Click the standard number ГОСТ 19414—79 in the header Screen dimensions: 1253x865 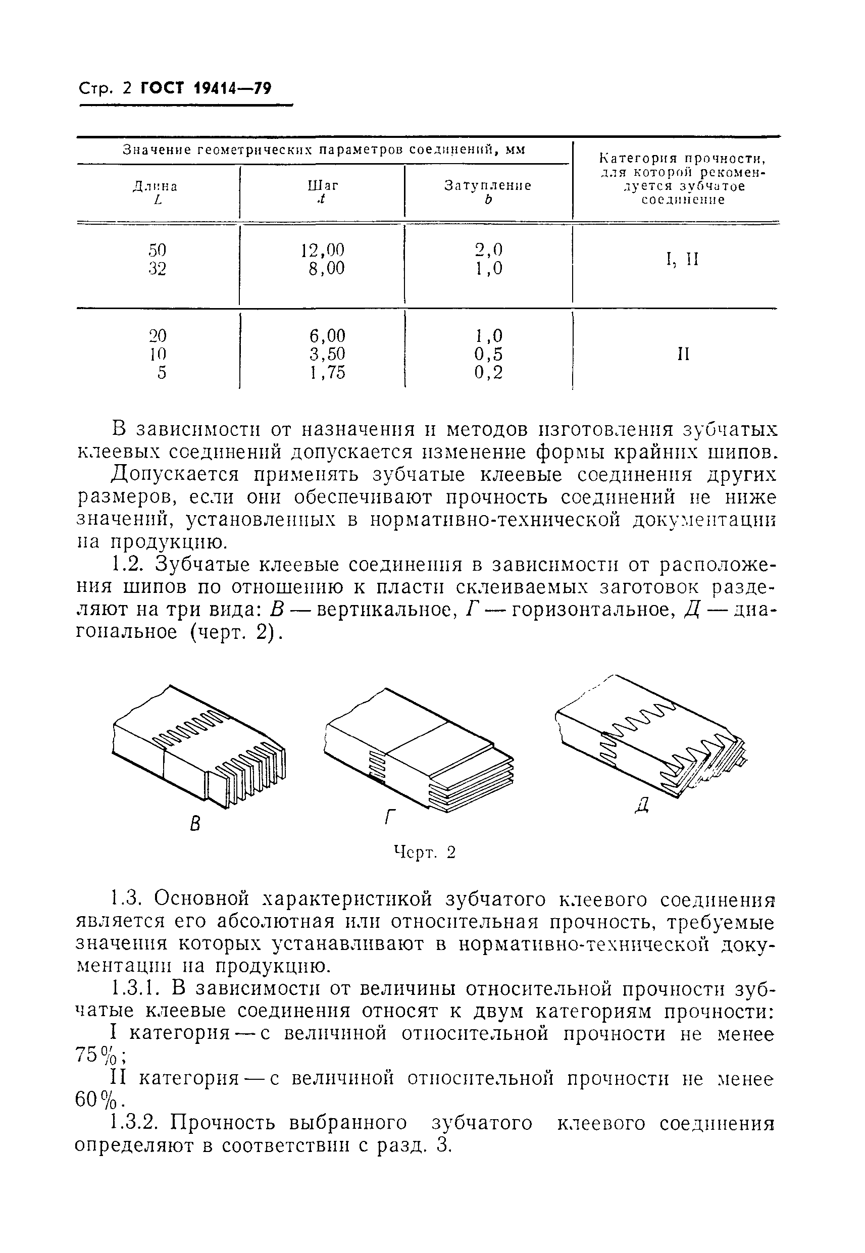(x=206, y=88)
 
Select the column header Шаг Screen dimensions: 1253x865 (x=323, y=186)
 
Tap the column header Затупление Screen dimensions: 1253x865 (x=488, y=186)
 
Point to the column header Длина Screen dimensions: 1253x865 (x=156, y=187)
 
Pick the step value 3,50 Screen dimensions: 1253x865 (x=327, y=354)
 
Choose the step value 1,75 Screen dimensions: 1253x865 (x=327, y=373)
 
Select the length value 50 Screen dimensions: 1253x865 (x=157, y=250)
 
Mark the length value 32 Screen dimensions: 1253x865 (x=157, y=269)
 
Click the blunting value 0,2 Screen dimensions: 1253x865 (x=488, y=373)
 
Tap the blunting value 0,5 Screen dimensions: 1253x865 (x=488, y=354)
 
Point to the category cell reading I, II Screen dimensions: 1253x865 (x=682, y=260)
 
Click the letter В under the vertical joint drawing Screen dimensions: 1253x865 (x=195, y=824)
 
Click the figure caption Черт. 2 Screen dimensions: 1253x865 (x=424, y=853)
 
